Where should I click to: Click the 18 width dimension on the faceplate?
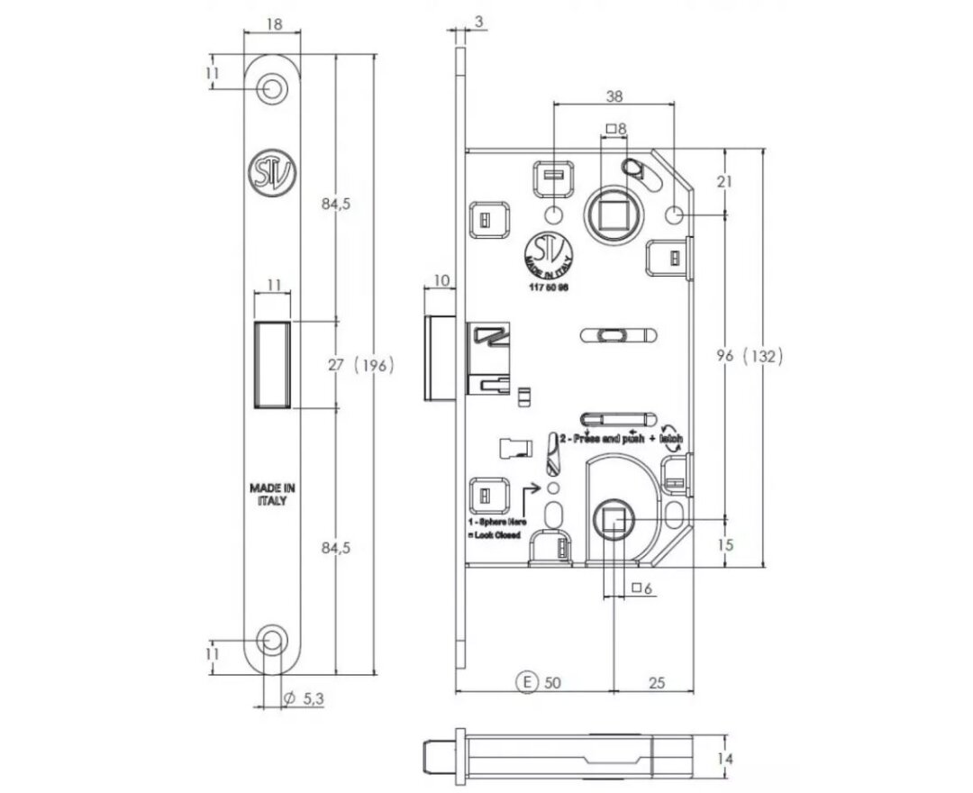[x=273, y=24]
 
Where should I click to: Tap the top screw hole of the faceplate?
[x=271, y=88]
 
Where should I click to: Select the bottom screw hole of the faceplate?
[x=271, y=640]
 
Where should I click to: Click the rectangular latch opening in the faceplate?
[x=273, y=364]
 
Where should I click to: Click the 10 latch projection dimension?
[x=441, y=281]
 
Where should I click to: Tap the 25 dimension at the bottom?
[x=656, y=682]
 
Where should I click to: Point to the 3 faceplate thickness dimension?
[x=477, y=20]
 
